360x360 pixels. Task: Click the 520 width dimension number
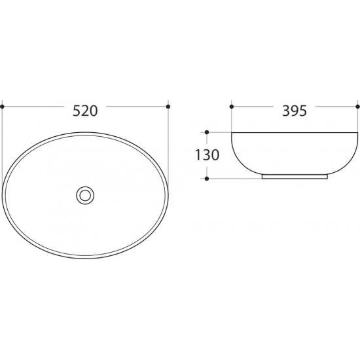85,111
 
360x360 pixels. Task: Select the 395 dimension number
295,111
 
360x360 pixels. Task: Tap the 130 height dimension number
207,154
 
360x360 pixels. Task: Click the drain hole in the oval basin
85,196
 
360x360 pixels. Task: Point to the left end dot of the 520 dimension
3,107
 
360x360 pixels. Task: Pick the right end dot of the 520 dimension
168,107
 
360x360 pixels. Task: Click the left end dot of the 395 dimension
232,107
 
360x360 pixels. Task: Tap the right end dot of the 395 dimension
357,107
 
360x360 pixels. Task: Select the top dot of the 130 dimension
207,132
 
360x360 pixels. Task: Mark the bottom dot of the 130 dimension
207,179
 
